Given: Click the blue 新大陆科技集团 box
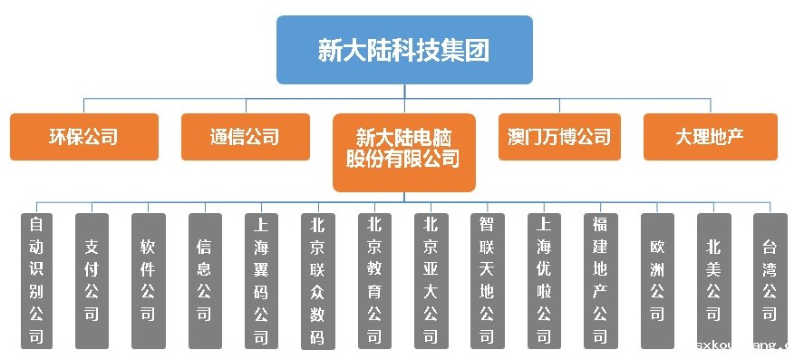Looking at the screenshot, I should tap(404, 50).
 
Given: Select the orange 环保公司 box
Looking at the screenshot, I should tap(84, 137).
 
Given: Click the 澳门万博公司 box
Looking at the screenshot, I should tap(559, 137).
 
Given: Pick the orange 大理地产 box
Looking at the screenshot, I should tap(710, 137).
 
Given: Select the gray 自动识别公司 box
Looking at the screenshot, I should tap(36, 280).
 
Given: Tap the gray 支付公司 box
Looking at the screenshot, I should tap(92, 280).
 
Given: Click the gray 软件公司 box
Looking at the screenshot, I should tap(149, 280).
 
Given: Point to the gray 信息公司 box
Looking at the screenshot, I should tap(205, 280).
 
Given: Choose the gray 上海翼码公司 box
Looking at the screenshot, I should tap(261, 280).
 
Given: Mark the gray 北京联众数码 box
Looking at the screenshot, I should tap(318, 280).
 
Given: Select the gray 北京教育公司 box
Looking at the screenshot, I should tap(375, 280).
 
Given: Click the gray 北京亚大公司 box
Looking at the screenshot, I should tap(431, 280).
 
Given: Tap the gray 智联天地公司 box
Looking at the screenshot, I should tap(488, 280).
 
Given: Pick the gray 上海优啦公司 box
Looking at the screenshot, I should tap(544, 280).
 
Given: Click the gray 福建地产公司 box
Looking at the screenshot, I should tap(600, 280).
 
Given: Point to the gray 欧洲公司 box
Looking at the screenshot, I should tap(657, 280).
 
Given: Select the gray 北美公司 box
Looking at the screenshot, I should tap(713, 280).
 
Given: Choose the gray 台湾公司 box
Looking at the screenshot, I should tap(770, 280).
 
